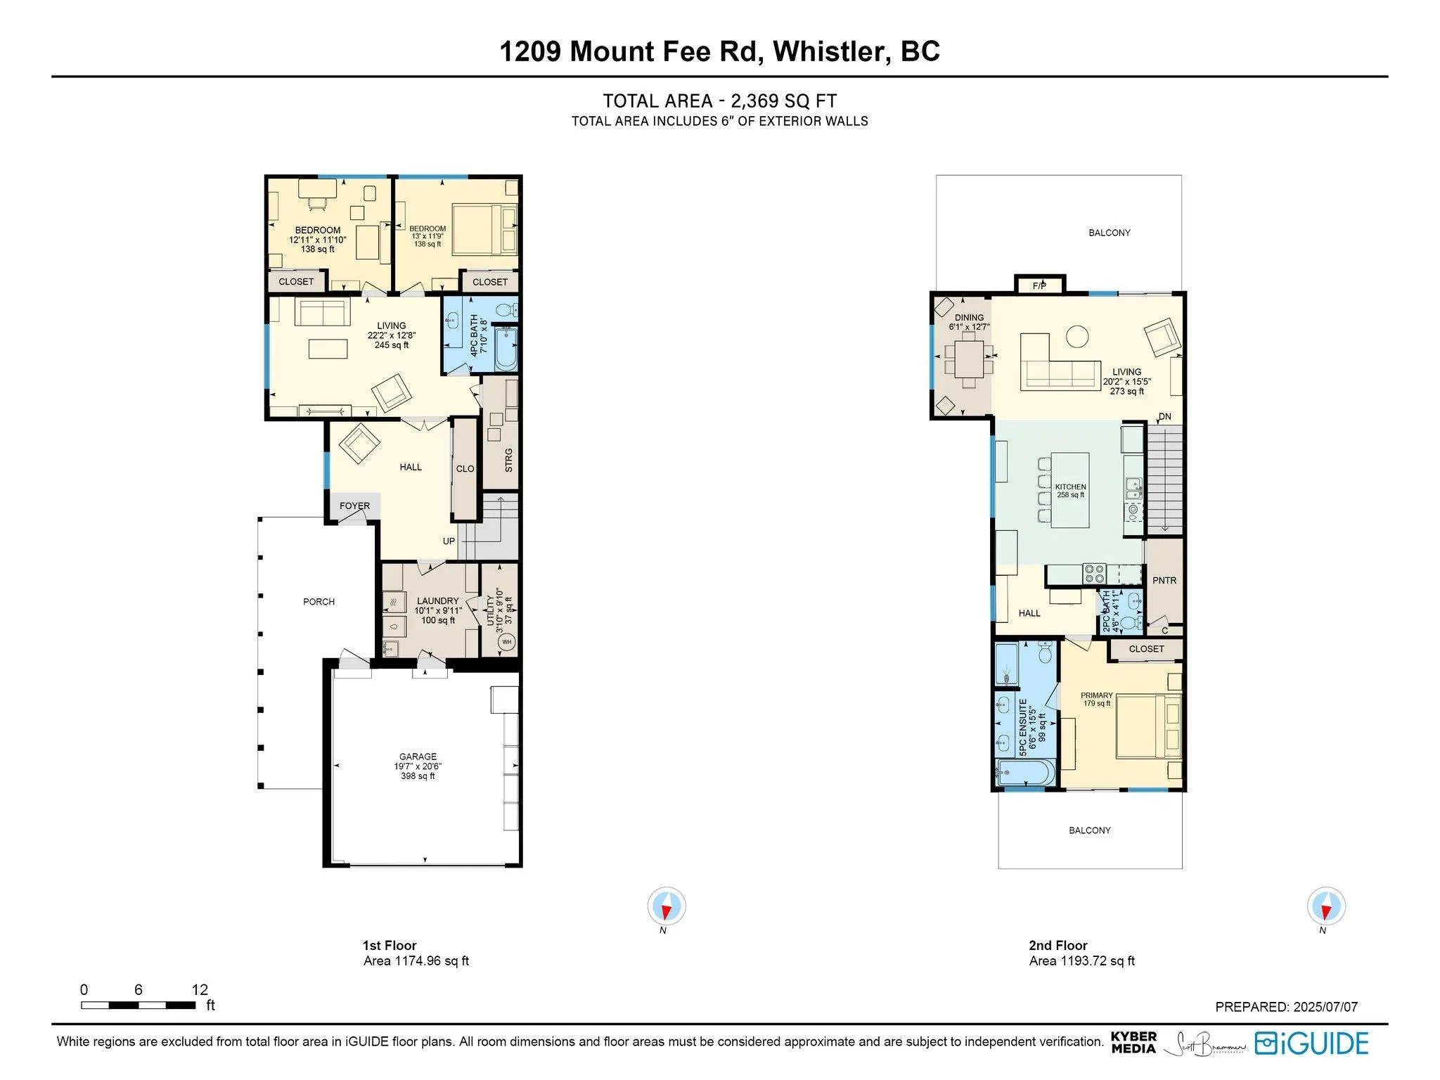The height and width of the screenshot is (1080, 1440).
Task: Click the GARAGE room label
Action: pyautogui.click(x=418, y=757)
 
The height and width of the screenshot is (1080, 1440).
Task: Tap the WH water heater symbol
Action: pyautogui.click(x=507, y=642)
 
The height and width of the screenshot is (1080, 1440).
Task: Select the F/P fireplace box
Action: pyautogui.click(x=1040, y=285)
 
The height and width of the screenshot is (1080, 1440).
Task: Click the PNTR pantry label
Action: pyautogui.click(x=1164, y=580)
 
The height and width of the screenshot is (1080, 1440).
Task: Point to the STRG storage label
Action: pyautogui.click(x=508, y=460)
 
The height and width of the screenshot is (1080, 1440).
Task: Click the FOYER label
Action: pyautogui.click(x=354, y=506)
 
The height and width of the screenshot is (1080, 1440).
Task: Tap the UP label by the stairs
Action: pyautogui.click(x=449, y=541)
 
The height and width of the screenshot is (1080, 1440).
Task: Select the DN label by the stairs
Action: pyautogui.click(x=1165, y=416)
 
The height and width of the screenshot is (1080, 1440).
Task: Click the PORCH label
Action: pyautogui.click(x=319, y=601)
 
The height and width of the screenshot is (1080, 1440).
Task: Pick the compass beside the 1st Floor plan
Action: pyautogui.click(x=666, y=906)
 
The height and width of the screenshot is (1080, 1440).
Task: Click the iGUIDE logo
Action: pyautogui.click(x=1311, y=1043)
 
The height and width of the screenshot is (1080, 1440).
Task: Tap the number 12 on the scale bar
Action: pyautogui.click(x=200, y=989)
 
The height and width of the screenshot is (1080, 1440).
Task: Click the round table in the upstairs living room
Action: pyautogui.click(x=1077, y=336)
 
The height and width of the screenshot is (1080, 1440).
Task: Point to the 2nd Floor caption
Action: pyautogui.click(x=1057, y=945)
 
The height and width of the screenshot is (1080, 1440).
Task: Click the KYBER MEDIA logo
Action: pyautogui.click(x=1133, y=1042)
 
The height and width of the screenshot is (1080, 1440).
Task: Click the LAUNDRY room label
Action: pyautogui.click(x=437, y=600)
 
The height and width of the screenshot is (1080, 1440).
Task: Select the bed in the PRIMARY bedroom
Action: pyautogui.click(x=1148, y=726)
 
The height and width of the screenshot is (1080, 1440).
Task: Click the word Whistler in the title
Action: pyautogui.click(x=828, y=51)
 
